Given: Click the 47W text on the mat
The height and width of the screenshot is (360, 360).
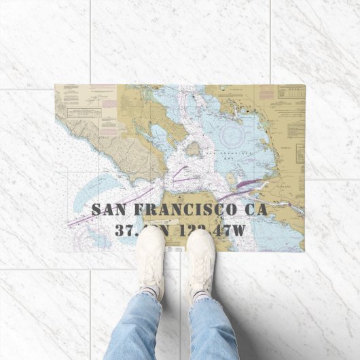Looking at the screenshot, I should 228,230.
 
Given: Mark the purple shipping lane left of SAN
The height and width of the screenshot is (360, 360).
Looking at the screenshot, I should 82,219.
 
